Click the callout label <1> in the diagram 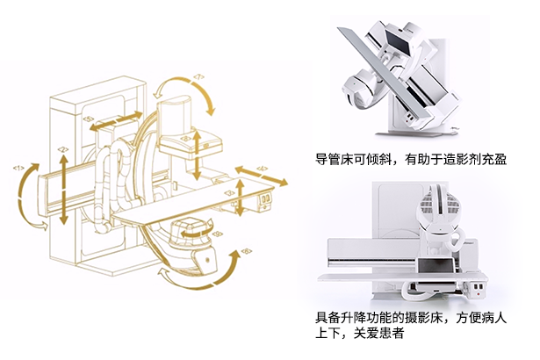click(18, 167)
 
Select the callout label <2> click(63, 150)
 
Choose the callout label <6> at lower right click(246, 251)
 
